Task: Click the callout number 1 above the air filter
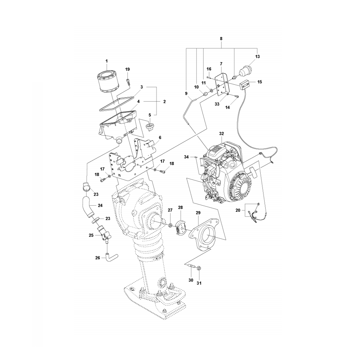(x=106, y=61)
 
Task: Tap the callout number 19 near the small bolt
(x=127, y=69)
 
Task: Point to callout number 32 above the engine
(x=221, y=133)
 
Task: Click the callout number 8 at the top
(x=221, y=38)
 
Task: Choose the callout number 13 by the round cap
(x=257, y=56)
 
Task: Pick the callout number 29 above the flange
(x=198, y=213)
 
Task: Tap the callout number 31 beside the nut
(x=199, y=283)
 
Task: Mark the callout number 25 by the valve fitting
(x=91, y=235)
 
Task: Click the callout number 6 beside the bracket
(x=160, y=137)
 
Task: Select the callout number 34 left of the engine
(x=186, y=157)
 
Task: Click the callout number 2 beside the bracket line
(x=164, y=102)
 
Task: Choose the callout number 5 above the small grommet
(x=150, y=115)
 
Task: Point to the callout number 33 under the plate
(x=217, y=104)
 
